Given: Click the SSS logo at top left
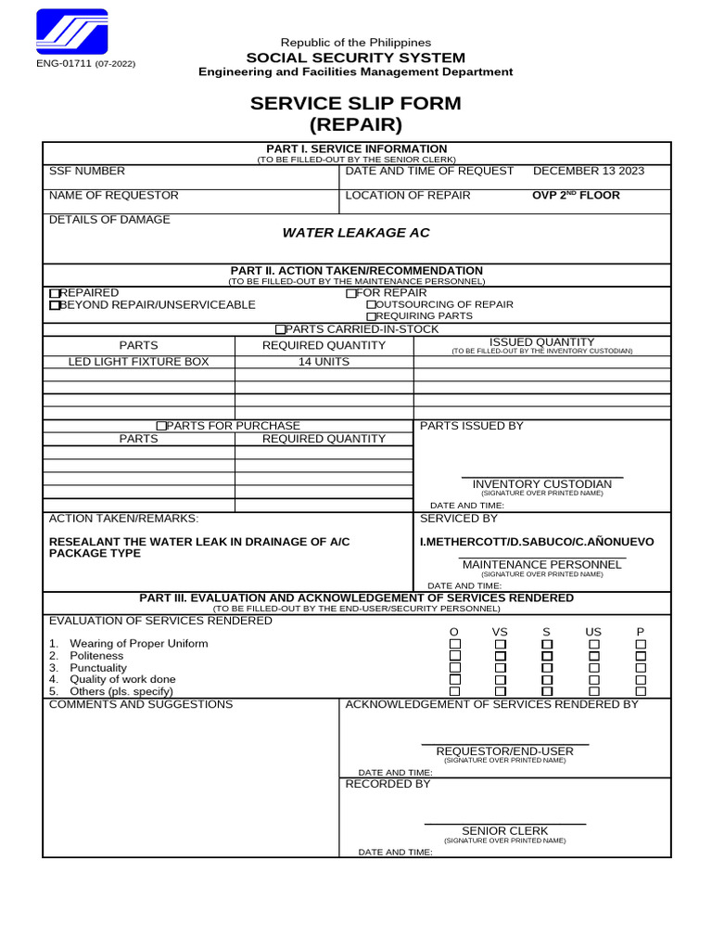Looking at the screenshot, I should [71, 33].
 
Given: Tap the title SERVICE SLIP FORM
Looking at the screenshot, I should [355, 103].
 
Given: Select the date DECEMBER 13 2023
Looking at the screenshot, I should [589, 171].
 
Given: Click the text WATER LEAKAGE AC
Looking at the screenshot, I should [356, 232].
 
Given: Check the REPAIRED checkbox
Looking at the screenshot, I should [54, 293].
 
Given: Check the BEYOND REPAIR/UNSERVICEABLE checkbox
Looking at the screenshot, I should [54, 305].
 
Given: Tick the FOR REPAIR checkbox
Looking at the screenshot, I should [351, 293].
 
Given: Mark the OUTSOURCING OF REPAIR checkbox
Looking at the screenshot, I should [372, 304].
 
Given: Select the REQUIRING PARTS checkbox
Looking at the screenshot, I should [372, 316].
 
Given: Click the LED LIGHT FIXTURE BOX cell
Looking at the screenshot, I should [139, 362].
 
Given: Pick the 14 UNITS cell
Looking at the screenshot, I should [324, 362].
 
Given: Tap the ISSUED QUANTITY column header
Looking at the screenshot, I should [541, 342].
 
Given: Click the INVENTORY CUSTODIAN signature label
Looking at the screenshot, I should [541, 484].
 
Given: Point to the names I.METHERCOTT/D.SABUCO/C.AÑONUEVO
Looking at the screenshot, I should [537, 541].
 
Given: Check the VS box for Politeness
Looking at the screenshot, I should [501, 656].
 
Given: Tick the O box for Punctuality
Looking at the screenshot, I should [454, 667].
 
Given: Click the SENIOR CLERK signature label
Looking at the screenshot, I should [504, 830].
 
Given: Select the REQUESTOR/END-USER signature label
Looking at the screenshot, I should [504, 751].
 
